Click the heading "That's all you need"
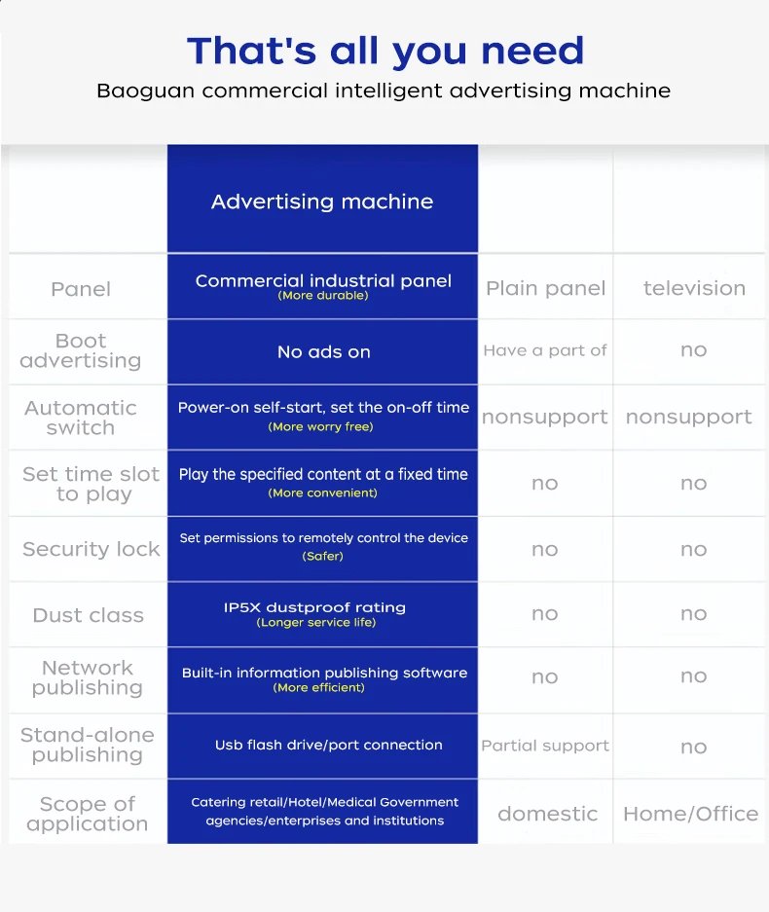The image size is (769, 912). (x=385, y=51)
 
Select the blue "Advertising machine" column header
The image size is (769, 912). (x=322, y=201)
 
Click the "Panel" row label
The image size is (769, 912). (x=81, y=289)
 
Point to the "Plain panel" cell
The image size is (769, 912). (x=545, y=288)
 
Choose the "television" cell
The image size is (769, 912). (x=694, y=288)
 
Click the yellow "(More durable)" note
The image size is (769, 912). (x=323, y=296)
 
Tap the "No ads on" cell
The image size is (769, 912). (x=323, y=352)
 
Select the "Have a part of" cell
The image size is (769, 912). (x=545, y=350)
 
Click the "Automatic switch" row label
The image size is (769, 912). (x=81, y=418)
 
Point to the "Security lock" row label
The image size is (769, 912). (x=91, y=549)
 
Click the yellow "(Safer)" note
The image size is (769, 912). (x=322, y=557)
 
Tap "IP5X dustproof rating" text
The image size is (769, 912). (x=314, y=607)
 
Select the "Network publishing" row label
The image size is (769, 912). (x=87, y=677)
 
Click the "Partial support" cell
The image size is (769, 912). (x=545, y=747)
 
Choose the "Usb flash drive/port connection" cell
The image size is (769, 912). (x=329, y=746)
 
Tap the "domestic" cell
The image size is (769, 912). (x=547, y=814)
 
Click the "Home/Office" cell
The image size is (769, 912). (x=690, y=814)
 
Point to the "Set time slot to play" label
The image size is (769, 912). (x=91, y=484)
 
